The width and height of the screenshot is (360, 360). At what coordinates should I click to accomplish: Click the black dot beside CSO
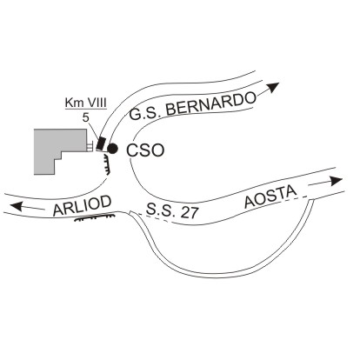pyautogui.click(x=112, y=149)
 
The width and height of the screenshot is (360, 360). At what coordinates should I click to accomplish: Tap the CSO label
pyautogui.click(x=145, y=150)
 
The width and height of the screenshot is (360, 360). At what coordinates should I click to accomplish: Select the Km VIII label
pyautogui.click(x=86, y=103)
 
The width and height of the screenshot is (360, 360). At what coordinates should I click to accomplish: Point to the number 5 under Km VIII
pyautogui.click(x=86, y=117)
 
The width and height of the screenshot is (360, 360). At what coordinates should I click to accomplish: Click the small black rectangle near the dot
pyautogui.click(x=101, y=143)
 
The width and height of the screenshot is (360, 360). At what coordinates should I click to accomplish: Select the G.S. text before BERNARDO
pyautogui.click(x=145, y=114)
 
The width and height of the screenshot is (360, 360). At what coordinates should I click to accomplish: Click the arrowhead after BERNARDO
pyautogui.click(x=272, y=87)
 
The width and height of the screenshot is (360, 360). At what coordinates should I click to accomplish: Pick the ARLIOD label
pyautogui.click(x=83, y=206)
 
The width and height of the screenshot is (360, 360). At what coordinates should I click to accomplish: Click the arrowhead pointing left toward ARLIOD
pyautogui.click(x=16, y=206)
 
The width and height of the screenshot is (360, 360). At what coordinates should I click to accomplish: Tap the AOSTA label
pyautogui.click(x=270, y=197)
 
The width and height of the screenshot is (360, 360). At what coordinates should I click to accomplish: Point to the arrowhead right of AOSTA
pyautogui.click(x=337, y=181)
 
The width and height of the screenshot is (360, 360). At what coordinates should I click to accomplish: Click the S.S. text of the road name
pyautogui.click(x=161, y=210)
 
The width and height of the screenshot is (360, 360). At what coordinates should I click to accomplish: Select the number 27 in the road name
pyautogui.click(x=190, y=213)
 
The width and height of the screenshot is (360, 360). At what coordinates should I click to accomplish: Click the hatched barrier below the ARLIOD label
pyautogui.click(x=94, y=217)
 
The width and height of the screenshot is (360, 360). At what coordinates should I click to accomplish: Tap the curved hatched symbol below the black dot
pyautogui.click(x=107, y=164)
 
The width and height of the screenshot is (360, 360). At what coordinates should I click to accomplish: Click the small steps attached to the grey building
pyautogui.click(x=90, y=145)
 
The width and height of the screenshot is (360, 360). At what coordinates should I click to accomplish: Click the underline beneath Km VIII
pyautogui.click(x=86, y=110)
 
